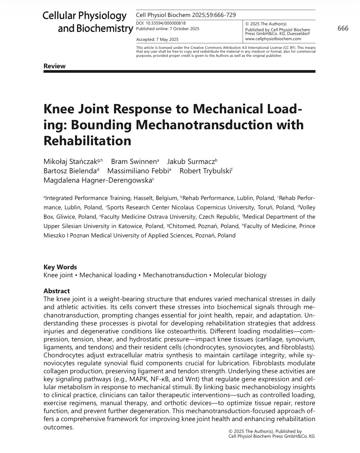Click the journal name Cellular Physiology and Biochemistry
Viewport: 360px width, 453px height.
point(88,22)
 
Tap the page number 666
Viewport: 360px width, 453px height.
point(343,28)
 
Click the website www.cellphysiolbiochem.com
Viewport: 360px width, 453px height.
point(273,39)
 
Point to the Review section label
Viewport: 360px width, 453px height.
point(54,66)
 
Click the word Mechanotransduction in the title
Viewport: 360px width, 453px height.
point(187,125)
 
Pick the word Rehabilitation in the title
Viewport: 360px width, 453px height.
point(87,141)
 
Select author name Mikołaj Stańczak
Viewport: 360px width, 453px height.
point(70,162)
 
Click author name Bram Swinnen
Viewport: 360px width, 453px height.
point(134,162)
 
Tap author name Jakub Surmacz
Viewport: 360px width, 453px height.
point(191,162)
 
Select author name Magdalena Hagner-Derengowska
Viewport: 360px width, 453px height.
point(97,180)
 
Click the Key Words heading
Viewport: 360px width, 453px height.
point(60,267)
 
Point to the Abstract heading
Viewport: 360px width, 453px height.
point(56,291)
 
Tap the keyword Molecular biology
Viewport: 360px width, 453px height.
point(240,275)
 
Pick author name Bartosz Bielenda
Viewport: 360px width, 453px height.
point(70,171)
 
